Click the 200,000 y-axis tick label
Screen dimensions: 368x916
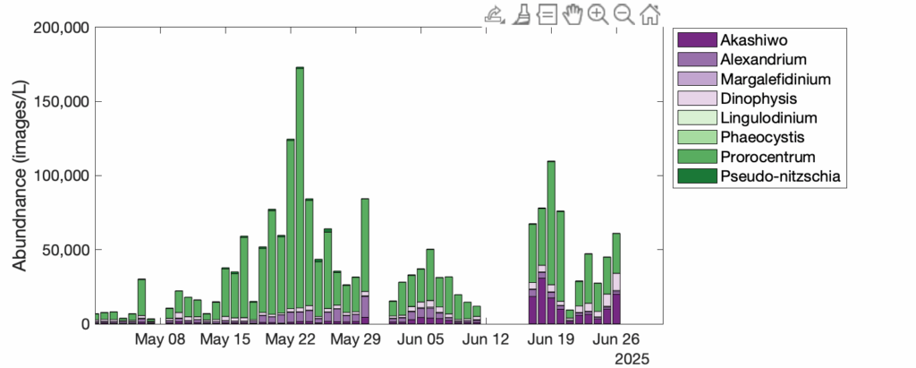pyautogui.click(x=56, y=28)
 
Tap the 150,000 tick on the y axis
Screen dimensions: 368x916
pyautogui.click(x=56, y=102)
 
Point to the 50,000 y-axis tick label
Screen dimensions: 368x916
pyautogui.click(x=60, y=250)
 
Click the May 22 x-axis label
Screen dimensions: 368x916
pyautogui.click(x=291, y=340)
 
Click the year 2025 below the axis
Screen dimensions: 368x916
pyautogui.click(x=632, y=358)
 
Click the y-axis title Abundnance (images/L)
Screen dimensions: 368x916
pyautogui.click(x=20, y=174)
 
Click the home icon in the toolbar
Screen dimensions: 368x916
pyautogui.click(x=650, y=13)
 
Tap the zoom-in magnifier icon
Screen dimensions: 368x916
pyautogui.click(x=598, y=13)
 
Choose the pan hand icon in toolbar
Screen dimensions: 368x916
pyautogui.click(x=572, y=13)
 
